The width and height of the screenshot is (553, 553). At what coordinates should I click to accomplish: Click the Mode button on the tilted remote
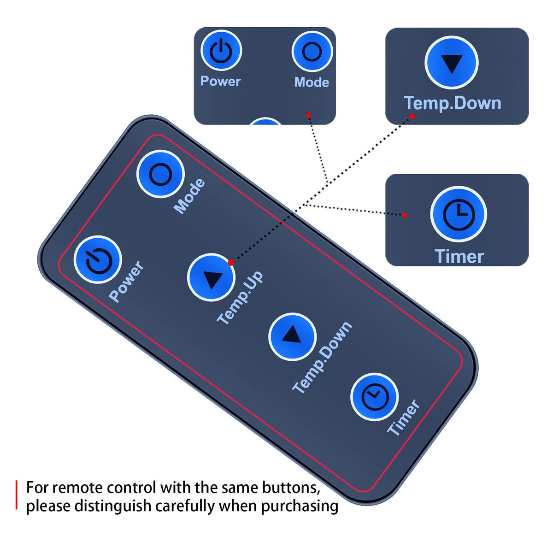click(x=160, y=174)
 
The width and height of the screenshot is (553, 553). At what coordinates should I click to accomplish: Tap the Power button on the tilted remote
click(x=98, y=260)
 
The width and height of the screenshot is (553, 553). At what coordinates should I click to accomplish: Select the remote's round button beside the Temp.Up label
click(x=211, y=277)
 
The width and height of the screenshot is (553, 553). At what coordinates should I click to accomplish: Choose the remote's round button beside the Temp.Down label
click(x=293, y=336)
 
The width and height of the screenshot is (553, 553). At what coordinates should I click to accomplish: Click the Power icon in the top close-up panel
click(x=221, y=51)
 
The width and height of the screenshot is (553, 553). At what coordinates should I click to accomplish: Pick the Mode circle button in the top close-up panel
click(x=312, y=52)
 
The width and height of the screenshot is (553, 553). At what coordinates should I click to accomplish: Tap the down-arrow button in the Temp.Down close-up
click(x=452, y=63)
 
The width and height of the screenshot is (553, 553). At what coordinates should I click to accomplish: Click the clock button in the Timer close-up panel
click(x=458, y=214)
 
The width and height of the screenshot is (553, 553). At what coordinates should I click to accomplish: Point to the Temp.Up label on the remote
click(x=240, y=297)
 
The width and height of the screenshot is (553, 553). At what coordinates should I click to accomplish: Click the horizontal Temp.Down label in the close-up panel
click(x=453, y=103)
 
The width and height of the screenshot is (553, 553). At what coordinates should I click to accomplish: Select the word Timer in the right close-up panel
click(x=459, y=256)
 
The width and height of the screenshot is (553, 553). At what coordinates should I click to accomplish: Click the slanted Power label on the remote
click(x=126, y=281)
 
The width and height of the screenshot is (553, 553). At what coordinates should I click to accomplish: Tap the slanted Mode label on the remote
click(x=189, y=196)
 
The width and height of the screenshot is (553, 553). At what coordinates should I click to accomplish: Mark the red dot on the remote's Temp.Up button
click(x=231, y=262)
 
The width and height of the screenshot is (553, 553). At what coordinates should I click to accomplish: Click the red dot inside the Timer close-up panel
click(x=405, y=215)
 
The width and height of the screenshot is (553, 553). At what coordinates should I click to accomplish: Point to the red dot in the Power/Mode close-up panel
click(x=308, y=115)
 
